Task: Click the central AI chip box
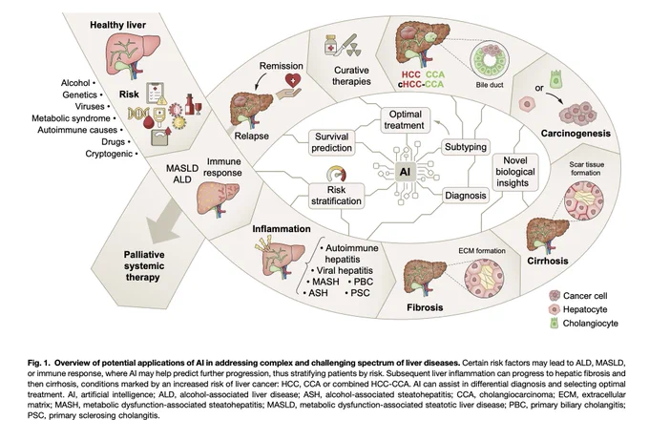(405, 172)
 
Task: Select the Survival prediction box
(331, 142)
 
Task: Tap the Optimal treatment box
(405, 119)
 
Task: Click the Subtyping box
(465, 147)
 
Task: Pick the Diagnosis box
(465, 196)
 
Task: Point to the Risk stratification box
(337, 196)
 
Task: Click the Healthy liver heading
(118, 25)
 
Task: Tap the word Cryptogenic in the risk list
(109, 154)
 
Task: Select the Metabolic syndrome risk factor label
(71, 118)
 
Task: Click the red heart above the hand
(293, 80)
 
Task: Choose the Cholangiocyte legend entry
(583, 324)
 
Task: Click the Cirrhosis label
(548, 261)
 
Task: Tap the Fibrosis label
(425, 307)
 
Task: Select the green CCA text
(435, 75)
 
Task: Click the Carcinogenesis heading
(576, 134)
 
